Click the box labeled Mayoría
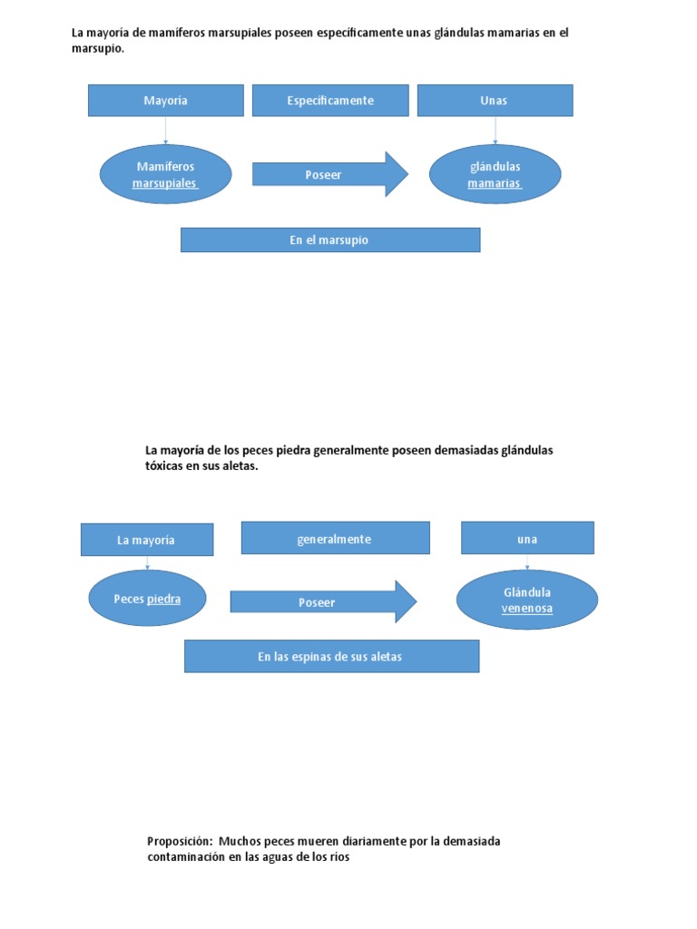[165, 101]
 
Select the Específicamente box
[330, 101]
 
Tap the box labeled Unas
[495, 101]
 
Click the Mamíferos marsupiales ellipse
[165, 174]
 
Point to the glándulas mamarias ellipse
[495, 174]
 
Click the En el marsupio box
[330, 240]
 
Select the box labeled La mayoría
[147, 540]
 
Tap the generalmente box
[335, 538]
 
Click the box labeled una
[527, 538]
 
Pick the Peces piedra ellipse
[147, 599]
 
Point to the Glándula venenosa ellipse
[527, 600]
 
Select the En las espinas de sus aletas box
[331, 656]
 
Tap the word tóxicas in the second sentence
[165, 466]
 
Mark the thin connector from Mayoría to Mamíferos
[165, 131]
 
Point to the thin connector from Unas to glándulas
[495, 131]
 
